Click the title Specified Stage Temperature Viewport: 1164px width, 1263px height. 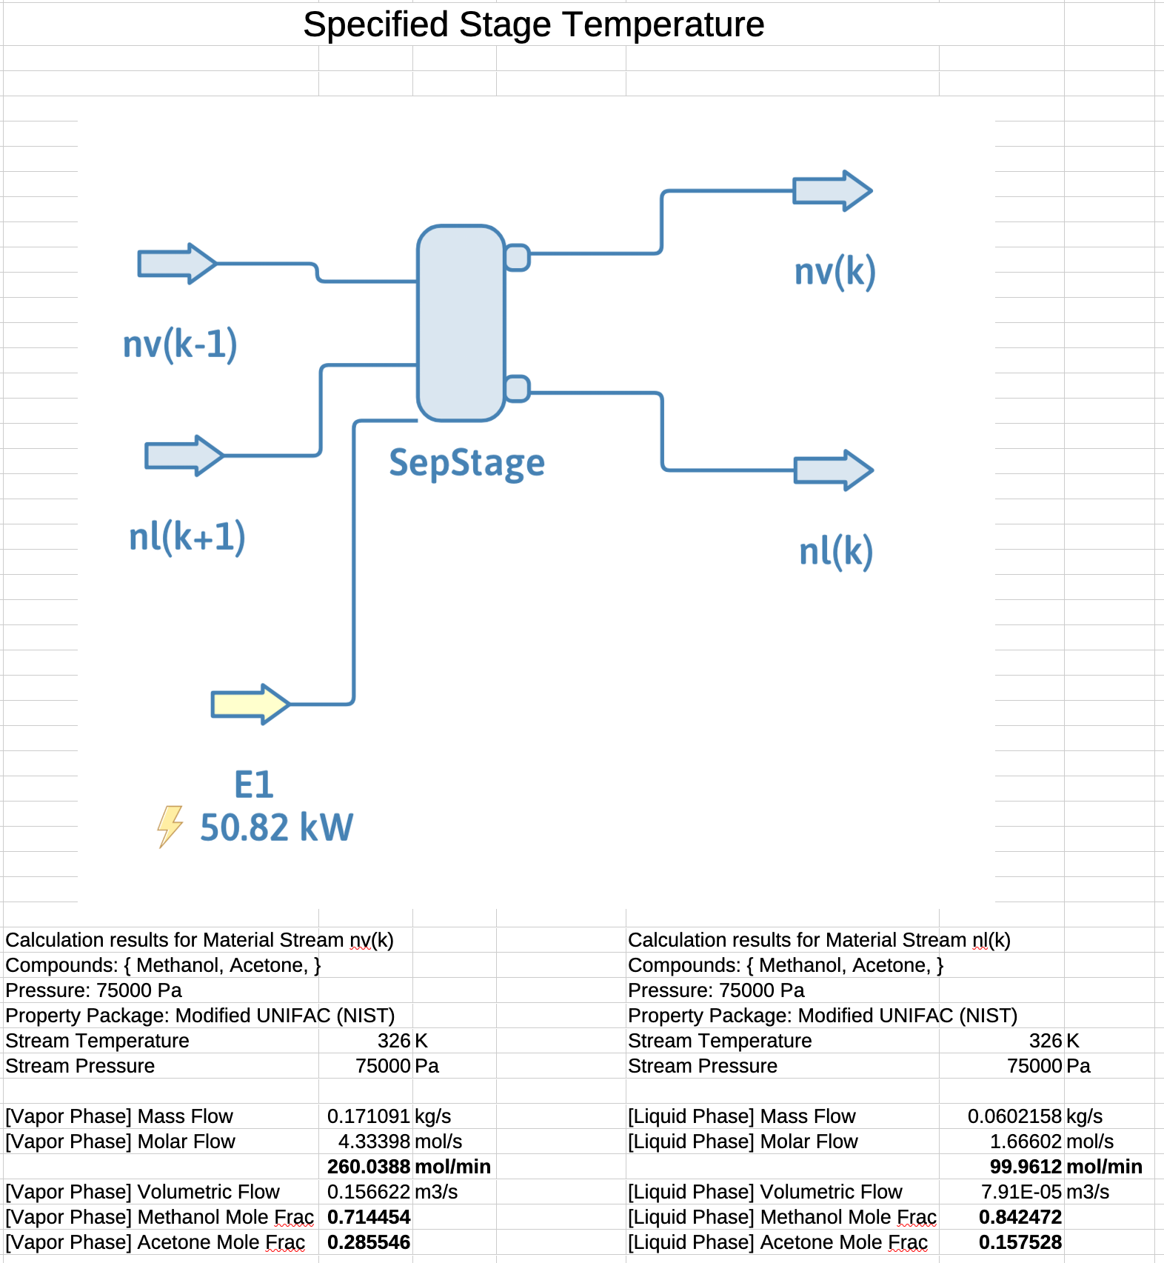(x=533, y=24)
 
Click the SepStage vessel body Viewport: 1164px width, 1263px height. (x=461, y=323)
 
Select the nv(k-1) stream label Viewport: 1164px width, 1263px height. (x=180, y=344)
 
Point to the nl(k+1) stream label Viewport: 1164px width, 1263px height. (x=187, y=536)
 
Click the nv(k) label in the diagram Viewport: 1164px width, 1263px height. (x=834, y=271)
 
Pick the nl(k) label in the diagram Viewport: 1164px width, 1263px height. (x=836, y=552)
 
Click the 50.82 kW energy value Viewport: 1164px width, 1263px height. (x=276, y=827)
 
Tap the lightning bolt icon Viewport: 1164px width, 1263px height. (x=170, y=826)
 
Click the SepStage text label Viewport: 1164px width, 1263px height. (x=466, y=463)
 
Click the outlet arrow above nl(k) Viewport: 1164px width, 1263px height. (x=833, y=470)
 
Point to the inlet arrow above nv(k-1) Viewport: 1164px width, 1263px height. (x=176, y=264)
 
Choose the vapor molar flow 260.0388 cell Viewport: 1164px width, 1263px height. (x=368, y=1167)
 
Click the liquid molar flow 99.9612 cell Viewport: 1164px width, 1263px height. (x=1025, y=1167)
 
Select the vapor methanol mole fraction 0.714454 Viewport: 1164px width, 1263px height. (x=368, y=1217)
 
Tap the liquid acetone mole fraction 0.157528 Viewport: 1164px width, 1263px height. (x=1020, y=1242)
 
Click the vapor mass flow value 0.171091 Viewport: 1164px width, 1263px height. (x=368, y=1116)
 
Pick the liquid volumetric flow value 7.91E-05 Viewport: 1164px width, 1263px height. (x=1021, y=1192)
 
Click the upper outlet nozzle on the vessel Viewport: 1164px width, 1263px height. (x=517, y=258)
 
